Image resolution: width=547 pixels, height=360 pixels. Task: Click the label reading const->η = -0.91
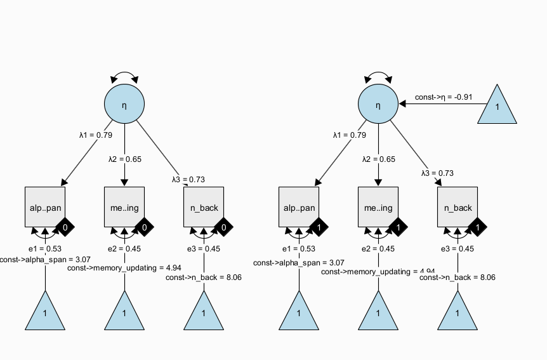[x=444, y=97]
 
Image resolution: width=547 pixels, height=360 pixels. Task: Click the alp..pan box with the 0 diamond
[x=44, y=207]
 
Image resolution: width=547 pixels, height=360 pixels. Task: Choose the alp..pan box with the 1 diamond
[x=299, y=207]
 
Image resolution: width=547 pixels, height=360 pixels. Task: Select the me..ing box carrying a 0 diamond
[x=124, y=207]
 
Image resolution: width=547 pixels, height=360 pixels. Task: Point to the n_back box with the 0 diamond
[x=203, y=207]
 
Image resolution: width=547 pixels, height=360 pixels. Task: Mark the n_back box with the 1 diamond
[x=458, y=207]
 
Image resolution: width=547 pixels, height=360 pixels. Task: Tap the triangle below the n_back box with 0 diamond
[x=203, y=311]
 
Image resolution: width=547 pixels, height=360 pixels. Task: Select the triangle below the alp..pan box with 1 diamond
[x=299, y=311]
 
